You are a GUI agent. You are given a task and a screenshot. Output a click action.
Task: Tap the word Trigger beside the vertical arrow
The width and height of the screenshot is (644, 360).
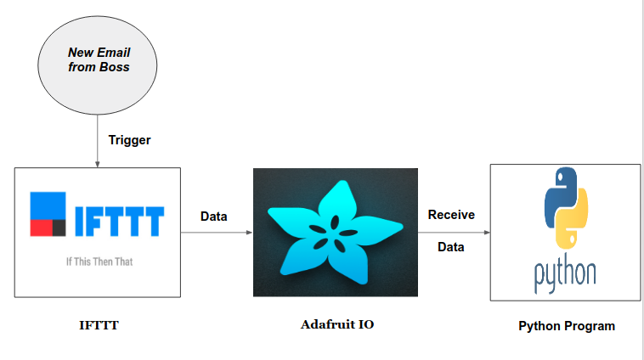[129, 140]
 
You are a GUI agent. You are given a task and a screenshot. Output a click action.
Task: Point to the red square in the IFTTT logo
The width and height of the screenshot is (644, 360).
[41, 227]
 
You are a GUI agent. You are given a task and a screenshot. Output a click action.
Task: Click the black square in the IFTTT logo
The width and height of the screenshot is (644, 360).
[59, 227]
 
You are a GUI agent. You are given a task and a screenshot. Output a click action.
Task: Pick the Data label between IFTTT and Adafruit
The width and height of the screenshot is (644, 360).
[213, 217]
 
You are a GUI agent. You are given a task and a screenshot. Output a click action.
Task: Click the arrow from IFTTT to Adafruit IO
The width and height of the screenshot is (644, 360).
[217, 232]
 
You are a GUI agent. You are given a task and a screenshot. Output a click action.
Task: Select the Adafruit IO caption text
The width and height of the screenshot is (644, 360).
[336, 324]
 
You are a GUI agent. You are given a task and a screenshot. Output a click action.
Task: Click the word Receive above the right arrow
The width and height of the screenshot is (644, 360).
[451, 214]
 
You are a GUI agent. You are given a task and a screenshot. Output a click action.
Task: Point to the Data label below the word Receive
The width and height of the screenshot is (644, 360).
[451, 246]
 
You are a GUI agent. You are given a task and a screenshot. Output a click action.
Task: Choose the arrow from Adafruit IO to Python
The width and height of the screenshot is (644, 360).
[454, 231]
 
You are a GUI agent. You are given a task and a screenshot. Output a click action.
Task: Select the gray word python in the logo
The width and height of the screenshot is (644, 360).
[565, 273]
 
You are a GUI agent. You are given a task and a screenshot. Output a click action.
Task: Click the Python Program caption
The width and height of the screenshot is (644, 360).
[566, 326]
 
